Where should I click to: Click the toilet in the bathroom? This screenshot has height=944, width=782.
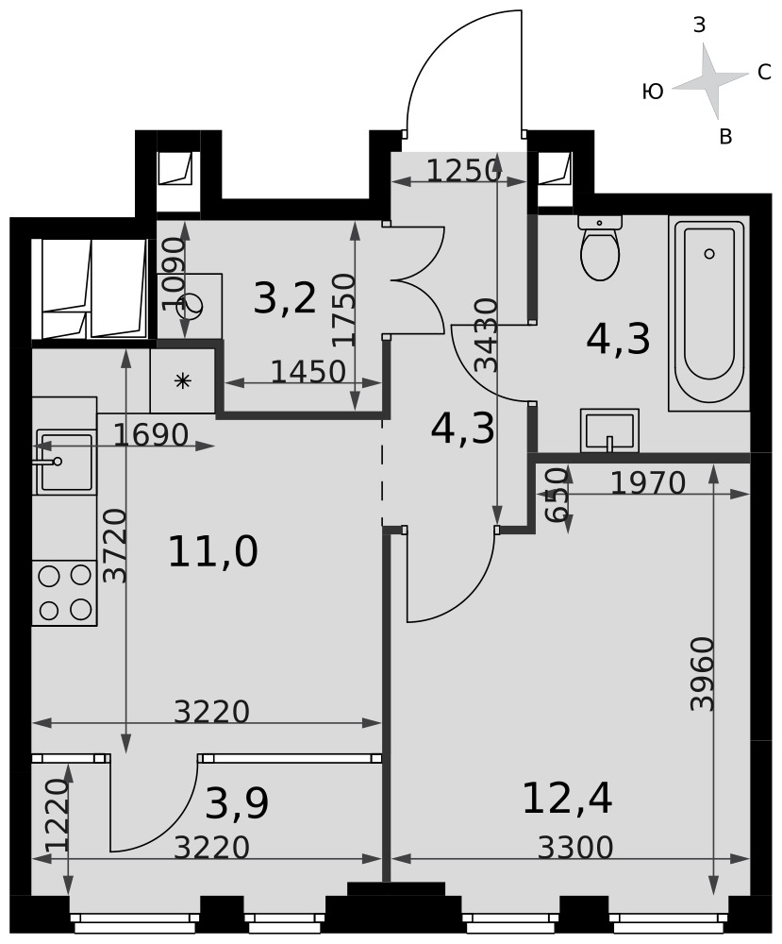click(600, 247)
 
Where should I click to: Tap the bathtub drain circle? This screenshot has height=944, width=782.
click(709, 253)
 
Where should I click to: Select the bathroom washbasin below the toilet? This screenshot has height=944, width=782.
click(609, 430)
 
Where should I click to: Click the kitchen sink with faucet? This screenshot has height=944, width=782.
click(64, 461)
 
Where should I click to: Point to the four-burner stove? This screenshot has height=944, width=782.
click(64, 593)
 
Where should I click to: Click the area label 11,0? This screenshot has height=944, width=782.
click(213, 551)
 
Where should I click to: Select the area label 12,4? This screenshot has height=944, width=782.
click(568, 799)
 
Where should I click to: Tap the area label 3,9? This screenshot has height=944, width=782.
click(237, 803)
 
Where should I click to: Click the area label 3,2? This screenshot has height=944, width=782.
click(285, 299)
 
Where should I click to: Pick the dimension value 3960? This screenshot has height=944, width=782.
click(702, 674)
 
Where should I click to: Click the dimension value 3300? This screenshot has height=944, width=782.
click(575, 848)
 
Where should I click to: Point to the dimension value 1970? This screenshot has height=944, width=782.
click(648, 482)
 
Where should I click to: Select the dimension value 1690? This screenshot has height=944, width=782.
click(151, 434)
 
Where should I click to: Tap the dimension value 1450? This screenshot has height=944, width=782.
click(308, 371)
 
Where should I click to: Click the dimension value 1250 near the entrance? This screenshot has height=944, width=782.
click(464, 171)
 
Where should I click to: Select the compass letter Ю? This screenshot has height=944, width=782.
click(653, 92)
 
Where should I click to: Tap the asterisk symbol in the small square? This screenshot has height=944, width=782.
click(182, 380)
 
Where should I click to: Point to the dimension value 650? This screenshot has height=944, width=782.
click(557, 495)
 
